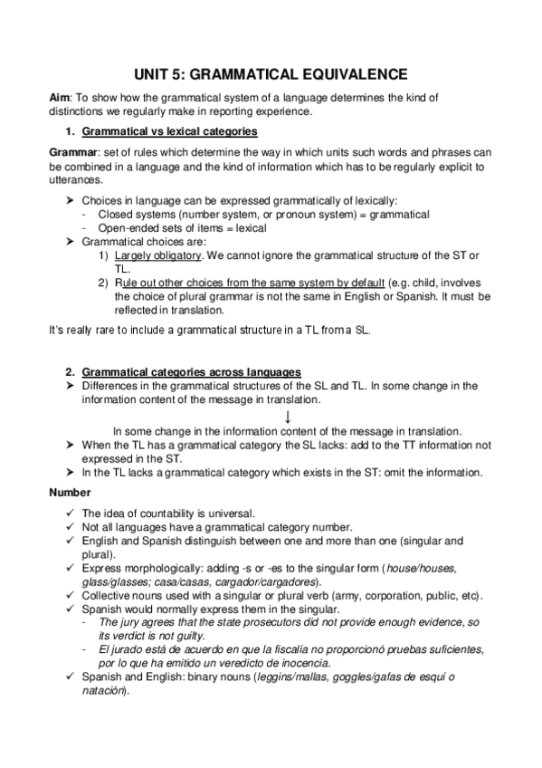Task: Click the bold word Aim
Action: point(59,97)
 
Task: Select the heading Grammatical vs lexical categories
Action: point(169,131)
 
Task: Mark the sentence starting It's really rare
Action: point(209,330)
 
